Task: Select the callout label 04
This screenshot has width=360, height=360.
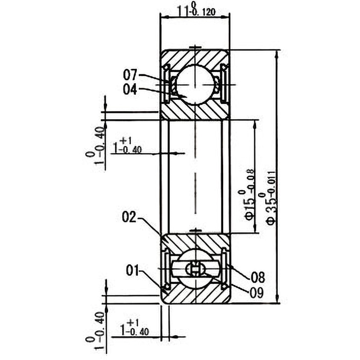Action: point(130,89)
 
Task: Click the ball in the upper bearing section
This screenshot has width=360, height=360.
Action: point(195,84)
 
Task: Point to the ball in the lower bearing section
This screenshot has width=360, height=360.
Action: point(195,269)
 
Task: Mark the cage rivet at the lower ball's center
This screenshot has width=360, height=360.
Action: point(195,269)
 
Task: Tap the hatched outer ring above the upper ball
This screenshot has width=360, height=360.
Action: point(195,56)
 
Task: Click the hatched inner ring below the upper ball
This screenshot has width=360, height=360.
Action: point(195,112)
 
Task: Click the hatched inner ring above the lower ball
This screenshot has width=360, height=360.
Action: point(195,241)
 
